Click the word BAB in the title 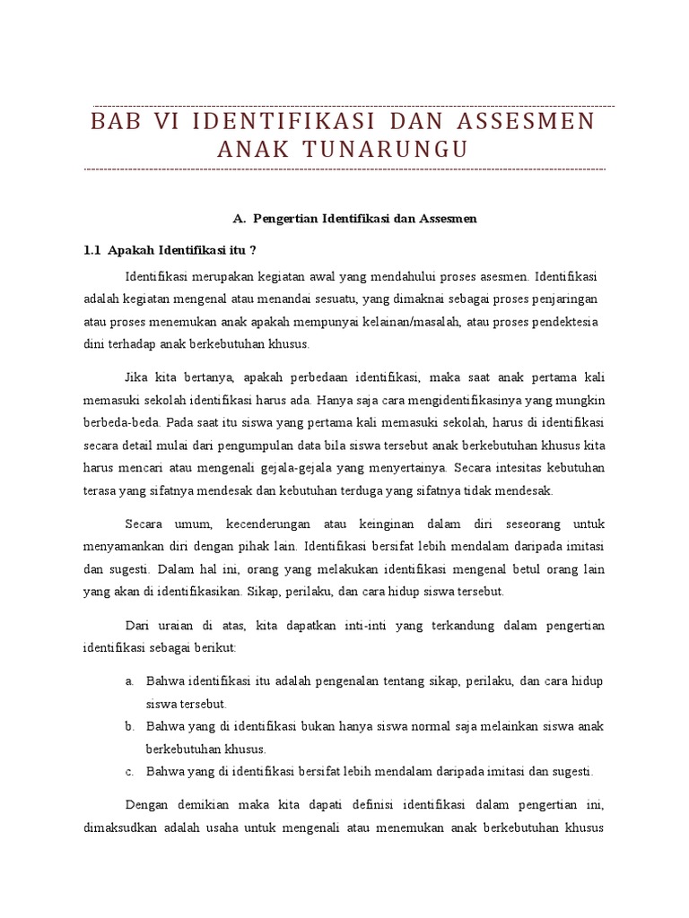(x=117, y=121)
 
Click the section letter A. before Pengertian (x=238, y=218)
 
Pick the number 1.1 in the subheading (x=91, y=249)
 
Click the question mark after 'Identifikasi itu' (x=252, y=249)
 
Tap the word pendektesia (x=560, y=321)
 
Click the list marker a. (x=129, y=681)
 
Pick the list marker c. (x=129, y=771)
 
